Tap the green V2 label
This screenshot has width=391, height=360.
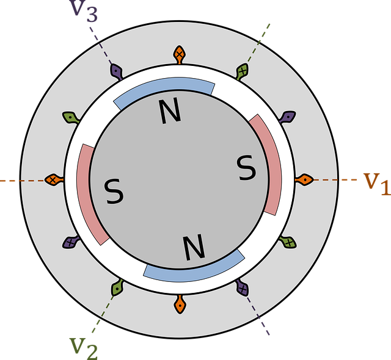[84, 346]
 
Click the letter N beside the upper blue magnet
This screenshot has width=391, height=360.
[170, 112]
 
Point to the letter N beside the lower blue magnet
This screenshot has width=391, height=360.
[194, 247]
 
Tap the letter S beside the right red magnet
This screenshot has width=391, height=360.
[246, 168]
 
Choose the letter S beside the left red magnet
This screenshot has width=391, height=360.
[114, 192]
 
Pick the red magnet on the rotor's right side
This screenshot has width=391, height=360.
[269, 165]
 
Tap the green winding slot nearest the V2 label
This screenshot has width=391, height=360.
[115, 288]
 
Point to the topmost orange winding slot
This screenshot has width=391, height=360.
[179, 54]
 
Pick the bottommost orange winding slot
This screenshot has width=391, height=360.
[180, 304]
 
